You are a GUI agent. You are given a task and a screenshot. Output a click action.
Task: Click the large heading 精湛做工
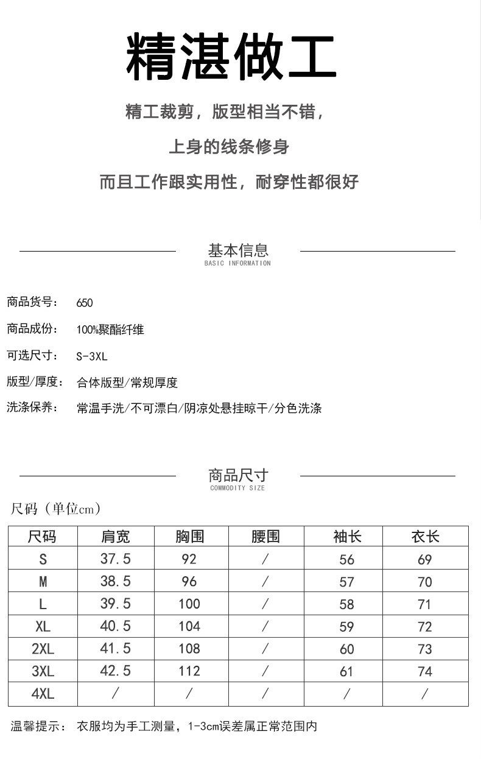(x=231, y=58)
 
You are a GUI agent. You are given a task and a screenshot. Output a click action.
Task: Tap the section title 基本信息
(x=238, y=250)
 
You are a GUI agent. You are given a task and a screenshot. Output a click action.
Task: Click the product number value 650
(x=85, y=303)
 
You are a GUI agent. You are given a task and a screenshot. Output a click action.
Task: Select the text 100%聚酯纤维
(x=110, y=330)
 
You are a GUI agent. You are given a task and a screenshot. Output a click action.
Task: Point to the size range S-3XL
(x=92, y=356)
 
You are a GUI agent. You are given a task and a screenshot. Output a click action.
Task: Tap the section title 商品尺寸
(x=238, y=475)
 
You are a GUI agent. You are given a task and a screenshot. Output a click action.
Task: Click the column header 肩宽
(x=115, y=537)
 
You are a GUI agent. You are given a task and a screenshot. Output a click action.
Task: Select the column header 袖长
(x=347, y=537)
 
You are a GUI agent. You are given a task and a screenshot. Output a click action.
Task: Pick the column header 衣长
(x=425, y=537)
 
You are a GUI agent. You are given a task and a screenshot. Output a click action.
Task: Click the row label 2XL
(x=43, y=649)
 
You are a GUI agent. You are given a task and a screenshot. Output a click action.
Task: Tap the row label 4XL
(x=43, y=694)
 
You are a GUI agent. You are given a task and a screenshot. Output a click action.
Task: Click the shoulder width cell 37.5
(x=115, y=559)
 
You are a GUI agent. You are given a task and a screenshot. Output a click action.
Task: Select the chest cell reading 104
(x=189, y=626)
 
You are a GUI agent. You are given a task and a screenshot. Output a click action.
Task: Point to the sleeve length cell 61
(x=346, y=671)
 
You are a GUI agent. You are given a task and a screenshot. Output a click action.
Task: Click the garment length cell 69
(x=425, y=559)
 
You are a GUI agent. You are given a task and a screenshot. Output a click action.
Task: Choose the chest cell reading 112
(x=189, y=671)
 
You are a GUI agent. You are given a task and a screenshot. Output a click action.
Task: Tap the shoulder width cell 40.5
(x=115, y=626)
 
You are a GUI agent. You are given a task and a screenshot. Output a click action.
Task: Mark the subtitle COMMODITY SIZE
(x=237, y=488)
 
